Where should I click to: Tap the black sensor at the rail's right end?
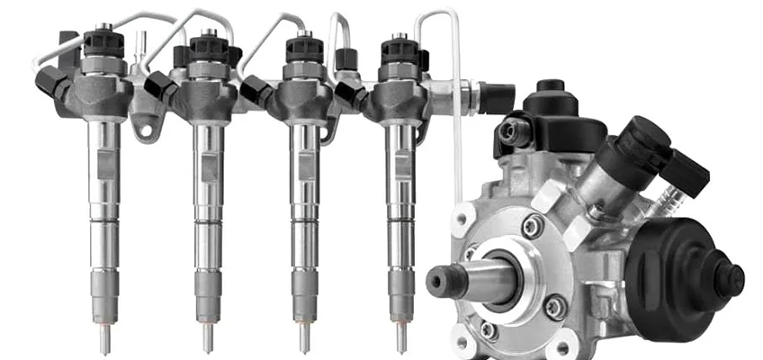click(495, 97)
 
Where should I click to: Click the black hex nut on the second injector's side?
click(160, 87)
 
